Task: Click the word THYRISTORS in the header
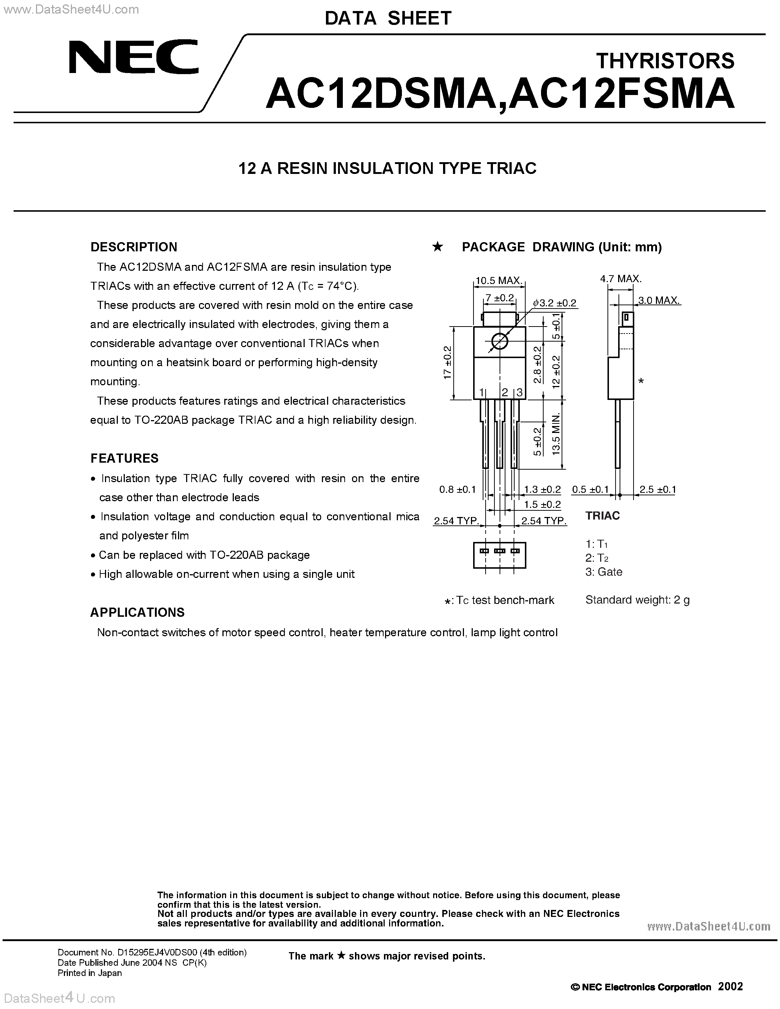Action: pyautogui.click(x=665, y=61)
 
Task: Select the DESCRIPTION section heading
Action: pyautogui.click(x=134, y=247)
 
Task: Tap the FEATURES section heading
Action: pyautogui.click(x=124, y=458)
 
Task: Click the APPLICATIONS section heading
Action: pyautogui.click(x=137, y=613)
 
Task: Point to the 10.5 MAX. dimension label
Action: pyautogui.click(x=499, y=280)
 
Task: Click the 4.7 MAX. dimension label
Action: pyautogui.click(x=621, y=278)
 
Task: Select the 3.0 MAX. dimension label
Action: pyautogui.click(x=659, y=300)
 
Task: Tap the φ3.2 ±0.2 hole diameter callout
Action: pyautogui.click(x=555, y=303)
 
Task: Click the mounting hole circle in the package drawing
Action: pyautogui.click(x=499, y=342)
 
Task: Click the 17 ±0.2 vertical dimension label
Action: pyautogui.click(x=447, y=363)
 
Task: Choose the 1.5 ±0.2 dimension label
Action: pyautogui.click(x=542, y=504)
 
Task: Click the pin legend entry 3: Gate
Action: pyautogui.click(x=603, y=572)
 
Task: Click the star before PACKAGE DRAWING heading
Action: pyautogui.click(x=437, y=247)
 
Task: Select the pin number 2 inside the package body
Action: pyautogui.click(x=505, y=393)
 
